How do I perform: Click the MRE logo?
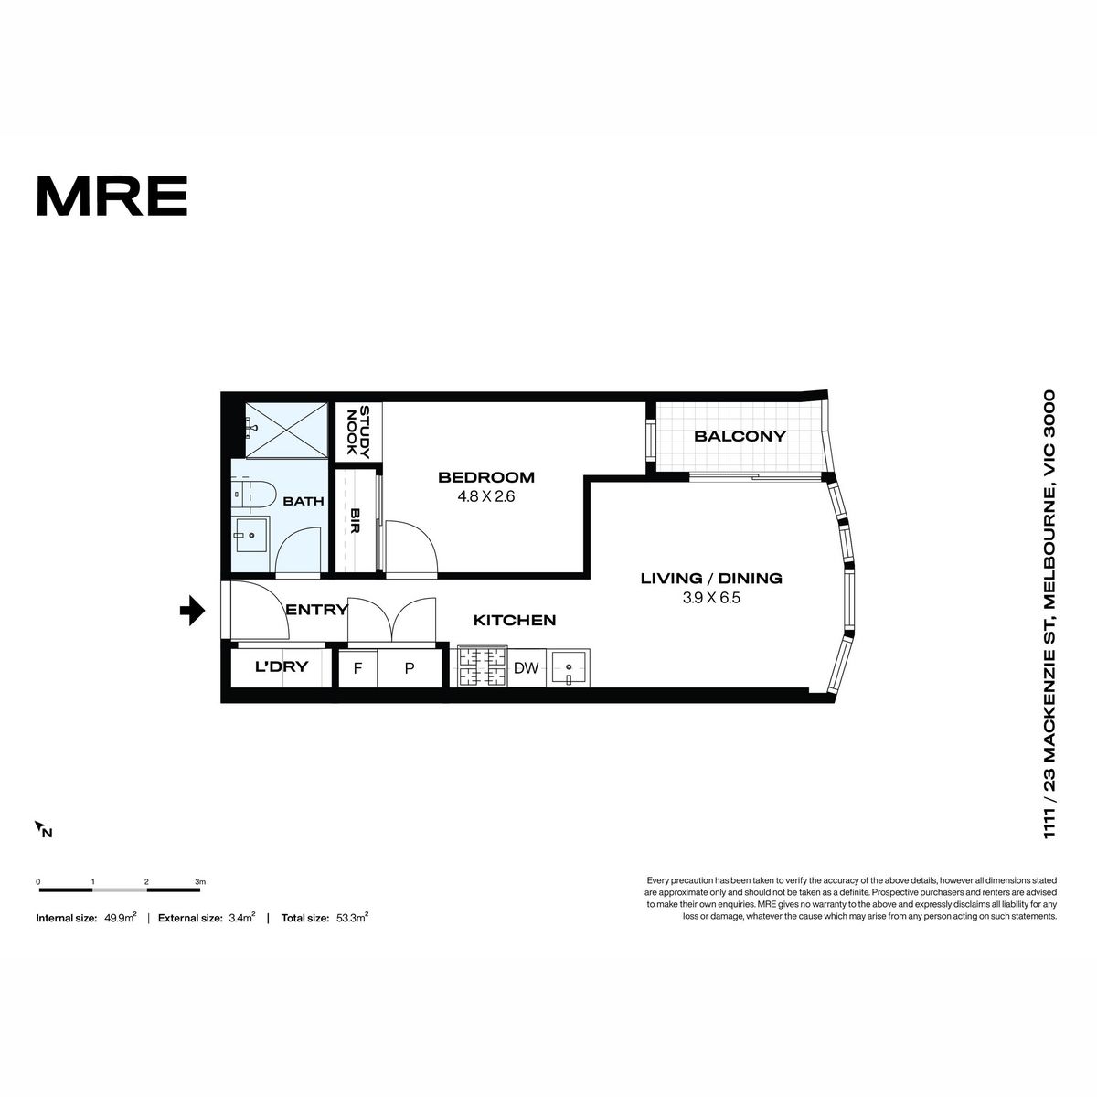click(112, 196)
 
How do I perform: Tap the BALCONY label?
click(740, 436)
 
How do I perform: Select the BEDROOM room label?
click(486, 477)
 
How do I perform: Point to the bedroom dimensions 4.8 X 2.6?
click(486, 497)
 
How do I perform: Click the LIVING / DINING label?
click(711, 579)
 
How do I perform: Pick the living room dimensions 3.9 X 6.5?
click(711, 598)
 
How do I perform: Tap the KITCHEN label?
click(515, 620)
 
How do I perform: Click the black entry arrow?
click(192, 611)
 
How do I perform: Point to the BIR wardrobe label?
click(355, 520)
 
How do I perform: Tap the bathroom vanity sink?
click(250, 535)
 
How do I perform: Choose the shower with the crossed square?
click(287, 430)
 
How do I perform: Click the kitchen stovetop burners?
click(482, 667)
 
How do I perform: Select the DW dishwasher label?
click(526, 667)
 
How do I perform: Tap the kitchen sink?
click(568, 667)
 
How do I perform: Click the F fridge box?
click(358, 668)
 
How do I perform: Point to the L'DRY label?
click(282, 666)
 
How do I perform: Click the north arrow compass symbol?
click(43, 829)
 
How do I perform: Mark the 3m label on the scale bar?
click(200, 882)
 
